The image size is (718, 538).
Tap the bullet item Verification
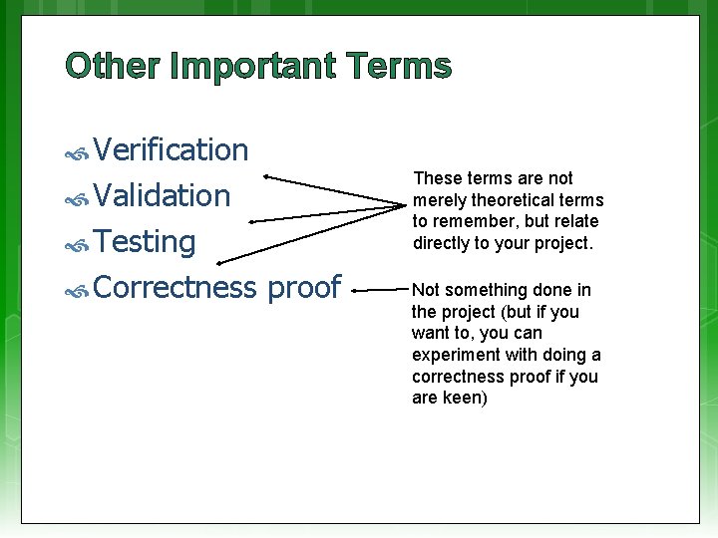point(171,149)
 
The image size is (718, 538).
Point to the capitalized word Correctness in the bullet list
point(177,287)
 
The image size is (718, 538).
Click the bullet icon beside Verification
point(77,152)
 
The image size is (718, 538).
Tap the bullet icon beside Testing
point(77,244)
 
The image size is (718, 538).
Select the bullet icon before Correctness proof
point(77,290)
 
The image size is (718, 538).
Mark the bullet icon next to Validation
point(77,198)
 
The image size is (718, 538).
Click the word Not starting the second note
point(426,290)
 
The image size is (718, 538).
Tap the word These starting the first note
point(436,178)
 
